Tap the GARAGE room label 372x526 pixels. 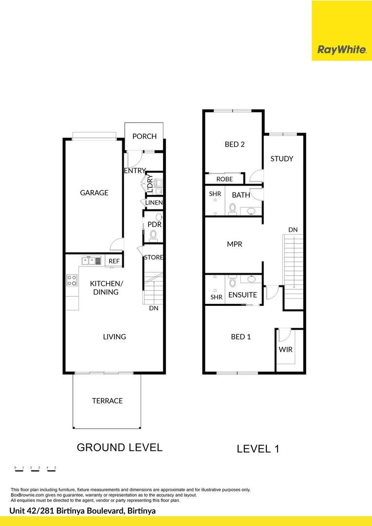94,193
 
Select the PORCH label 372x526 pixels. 145,136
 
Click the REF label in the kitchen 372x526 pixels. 114,262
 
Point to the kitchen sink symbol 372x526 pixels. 92,261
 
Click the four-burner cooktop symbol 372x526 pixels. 72,280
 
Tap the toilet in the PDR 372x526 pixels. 154,236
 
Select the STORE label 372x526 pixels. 153,257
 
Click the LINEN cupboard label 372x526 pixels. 154,203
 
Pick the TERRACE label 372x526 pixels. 107,401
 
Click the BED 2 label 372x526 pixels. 234,144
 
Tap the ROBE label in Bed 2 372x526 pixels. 224,179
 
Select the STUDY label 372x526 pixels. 281,159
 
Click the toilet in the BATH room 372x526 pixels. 233,209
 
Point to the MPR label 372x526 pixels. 235,244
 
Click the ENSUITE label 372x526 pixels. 242,295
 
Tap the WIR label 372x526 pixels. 285,350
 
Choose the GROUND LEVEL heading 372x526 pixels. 119,447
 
